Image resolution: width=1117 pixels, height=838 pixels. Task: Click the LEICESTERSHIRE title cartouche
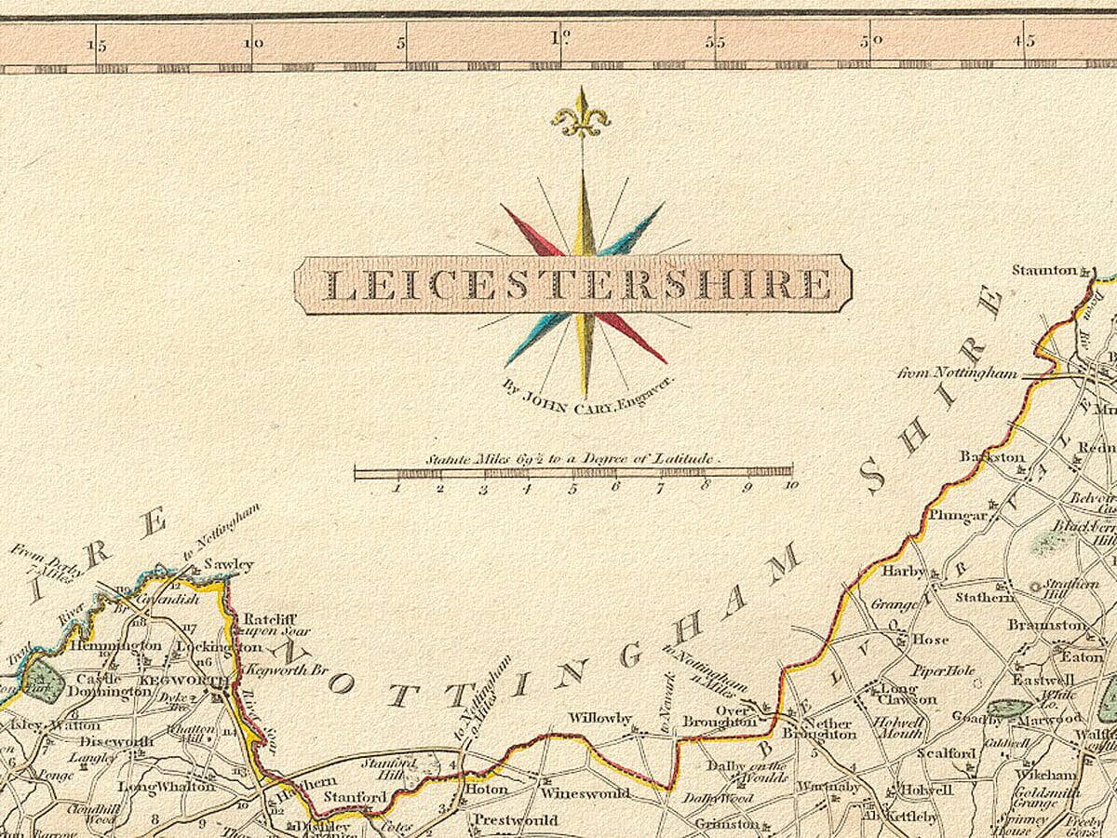pos(572,284)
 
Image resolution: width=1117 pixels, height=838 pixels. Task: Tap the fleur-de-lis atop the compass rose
pos(581,115)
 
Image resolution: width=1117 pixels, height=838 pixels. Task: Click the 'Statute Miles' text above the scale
pos(572,458)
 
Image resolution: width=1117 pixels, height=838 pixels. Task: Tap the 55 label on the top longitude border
pos(715,42)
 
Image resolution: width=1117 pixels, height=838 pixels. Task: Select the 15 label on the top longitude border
pos(96,43)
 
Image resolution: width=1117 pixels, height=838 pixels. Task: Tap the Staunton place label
pos(1044,270)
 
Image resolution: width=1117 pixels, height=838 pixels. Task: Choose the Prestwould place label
pos(516,820)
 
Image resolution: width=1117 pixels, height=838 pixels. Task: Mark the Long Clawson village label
pos(908,695)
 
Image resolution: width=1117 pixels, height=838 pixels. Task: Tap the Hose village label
pos(930,640)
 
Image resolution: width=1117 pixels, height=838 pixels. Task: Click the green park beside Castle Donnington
pos(42,682)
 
